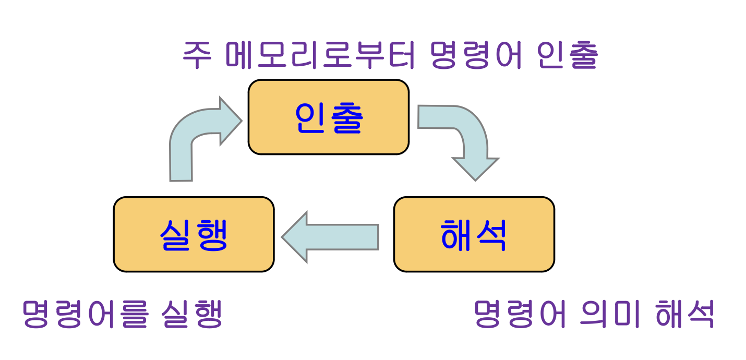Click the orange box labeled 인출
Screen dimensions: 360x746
pos(328,117)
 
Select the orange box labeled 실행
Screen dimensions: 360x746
pos(194,234)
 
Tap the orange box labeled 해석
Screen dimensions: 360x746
pos(474,234)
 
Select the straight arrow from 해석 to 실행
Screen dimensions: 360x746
pos(334,237)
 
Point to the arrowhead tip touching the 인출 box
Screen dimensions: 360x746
pos(240,121)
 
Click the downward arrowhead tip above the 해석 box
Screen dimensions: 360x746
pos(475,179)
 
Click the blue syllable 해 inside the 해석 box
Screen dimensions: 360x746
pos(456,234)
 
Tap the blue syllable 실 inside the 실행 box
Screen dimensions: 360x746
pos(175,234)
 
